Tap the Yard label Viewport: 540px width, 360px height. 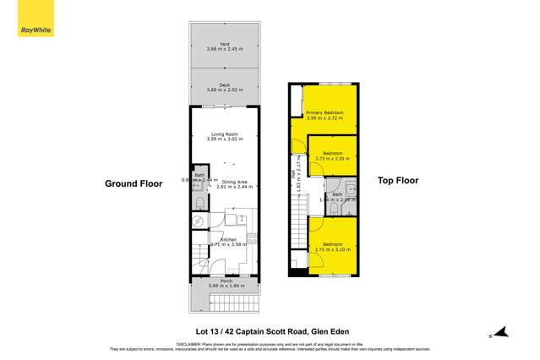225,44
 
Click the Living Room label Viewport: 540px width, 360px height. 225,134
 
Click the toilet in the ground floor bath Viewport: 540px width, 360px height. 198,205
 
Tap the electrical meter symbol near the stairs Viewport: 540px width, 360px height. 198,221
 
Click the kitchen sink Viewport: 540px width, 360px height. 239,219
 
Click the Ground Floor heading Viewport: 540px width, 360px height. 134,183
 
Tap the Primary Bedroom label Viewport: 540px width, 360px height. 325,112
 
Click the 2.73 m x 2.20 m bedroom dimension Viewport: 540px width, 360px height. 333,158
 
